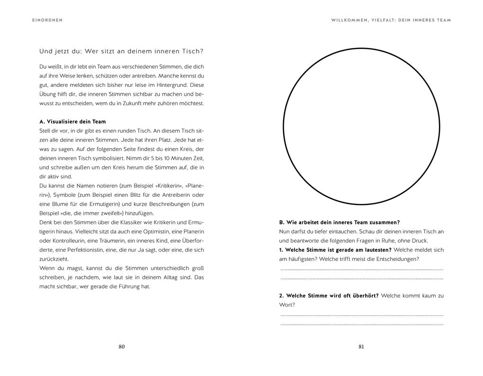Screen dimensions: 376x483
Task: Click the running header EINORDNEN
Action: click(x=44, y=20)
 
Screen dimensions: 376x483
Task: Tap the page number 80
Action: click(x=121, y=347)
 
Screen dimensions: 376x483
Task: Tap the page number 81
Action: click(x=361, y=347)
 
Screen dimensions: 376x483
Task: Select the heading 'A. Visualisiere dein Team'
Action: click(x=73, y=122)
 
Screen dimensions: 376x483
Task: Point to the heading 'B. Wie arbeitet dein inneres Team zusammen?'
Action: click(x=340, y=222)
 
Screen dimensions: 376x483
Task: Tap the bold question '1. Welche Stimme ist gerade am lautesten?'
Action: click(x=335, y=250)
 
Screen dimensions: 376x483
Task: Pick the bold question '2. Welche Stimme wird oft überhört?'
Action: click(x=329, y=296)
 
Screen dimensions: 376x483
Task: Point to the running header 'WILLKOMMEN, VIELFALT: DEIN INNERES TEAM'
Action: click(x=391, y=20)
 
